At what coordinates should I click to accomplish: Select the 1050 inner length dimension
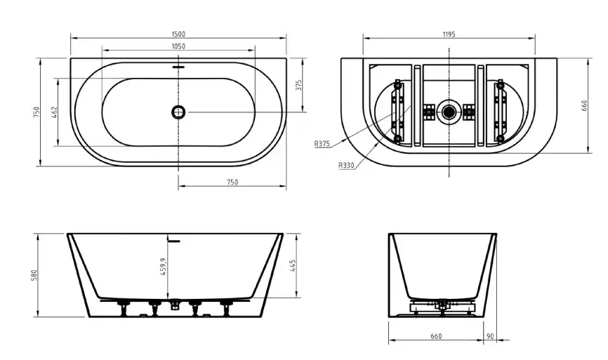(x=178, y=47)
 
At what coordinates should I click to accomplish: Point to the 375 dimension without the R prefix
(x=298, y=85)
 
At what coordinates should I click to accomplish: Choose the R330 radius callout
(x=345, y=166)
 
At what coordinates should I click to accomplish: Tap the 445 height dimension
(x=291, y=266)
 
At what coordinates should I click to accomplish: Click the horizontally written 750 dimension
(x=232, y=182)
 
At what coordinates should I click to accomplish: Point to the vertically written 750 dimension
(x=35, y=112)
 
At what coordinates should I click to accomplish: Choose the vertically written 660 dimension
(x=583, y=105)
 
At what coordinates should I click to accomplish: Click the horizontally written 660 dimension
(x=435, y=337)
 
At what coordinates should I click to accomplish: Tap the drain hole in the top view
(x=178, y=112)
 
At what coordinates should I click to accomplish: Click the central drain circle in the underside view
(x=449, y=111)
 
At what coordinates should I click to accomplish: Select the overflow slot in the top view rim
(x=178, y=68)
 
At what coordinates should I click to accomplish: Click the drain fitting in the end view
(x=442, y=305)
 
